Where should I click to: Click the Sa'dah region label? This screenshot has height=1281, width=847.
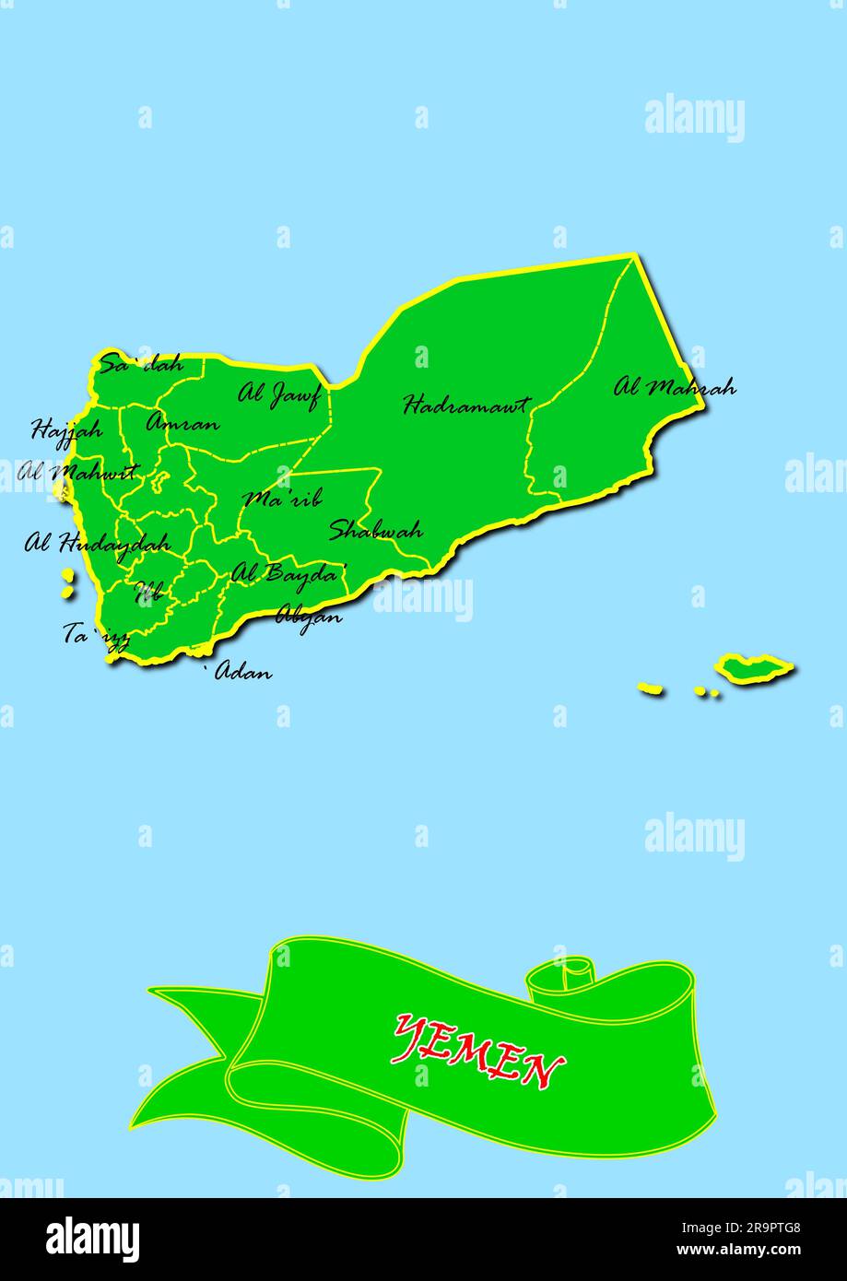[141, 364]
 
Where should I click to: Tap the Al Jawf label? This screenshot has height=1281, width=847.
[278, 394]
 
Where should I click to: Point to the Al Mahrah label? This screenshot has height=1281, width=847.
[675, 387]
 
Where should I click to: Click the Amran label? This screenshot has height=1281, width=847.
[182, 424]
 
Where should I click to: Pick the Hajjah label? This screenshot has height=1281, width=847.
[66, 429]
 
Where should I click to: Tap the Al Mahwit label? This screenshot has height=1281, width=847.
[77, 474]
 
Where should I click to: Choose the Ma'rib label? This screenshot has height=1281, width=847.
[283, 499]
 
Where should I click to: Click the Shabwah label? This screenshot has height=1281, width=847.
[376, 530]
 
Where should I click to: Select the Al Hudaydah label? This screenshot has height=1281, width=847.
[97, 543]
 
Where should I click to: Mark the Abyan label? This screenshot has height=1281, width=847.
[309, 616]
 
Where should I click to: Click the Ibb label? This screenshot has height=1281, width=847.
[148, 591]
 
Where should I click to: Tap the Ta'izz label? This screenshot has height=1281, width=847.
[96, 635]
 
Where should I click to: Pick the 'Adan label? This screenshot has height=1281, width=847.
[242, 672]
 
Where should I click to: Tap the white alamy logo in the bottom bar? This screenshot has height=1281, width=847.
[92, 1239]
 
